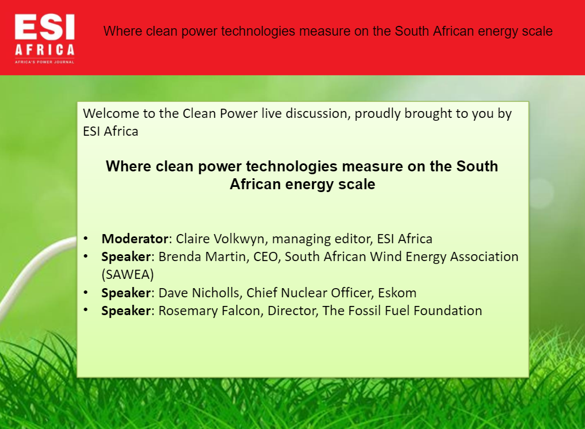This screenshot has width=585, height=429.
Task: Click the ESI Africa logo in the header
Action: pyautogui.click(x=45, y=39)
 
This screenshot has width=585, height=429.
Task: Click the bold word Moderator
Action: pyautogui.click(x=135, y=239)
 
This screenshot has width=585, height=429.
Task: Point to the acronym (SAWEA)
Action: pyautogui.click(x=128, y=275)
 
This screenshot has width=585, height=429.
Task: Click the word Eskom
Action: pyautogui.click(x=397, y=293)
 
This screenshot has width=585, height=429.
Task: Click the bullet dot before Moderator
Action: pyautogui.click(x=86, y=238)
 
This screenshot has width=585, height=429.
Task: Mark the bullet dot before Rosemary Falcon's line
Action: pyautogui.click(x=86, y=310)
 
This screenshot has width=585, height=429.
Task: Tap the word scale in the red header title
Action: pyautogui.click(x=537, y=31)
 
